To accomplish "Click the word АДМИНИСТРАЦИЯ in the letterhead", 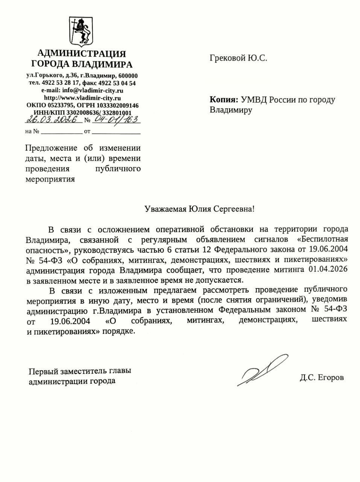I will [x=82, y=53].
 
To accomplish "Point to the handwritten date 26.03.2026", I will [x=53, y=120].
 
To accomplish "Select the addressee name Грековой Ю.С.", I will [x=238, y=58].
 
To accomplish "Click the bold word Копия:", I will [x=223, y=100].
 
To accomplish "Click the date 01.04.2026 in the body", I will [x=328, y=270].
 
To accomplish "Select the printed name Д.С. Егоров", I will [x=322, y=377].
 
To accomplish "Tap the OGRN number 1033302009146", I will [x=117, y=105].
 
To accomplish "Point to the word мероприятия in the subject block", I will [x=50, y=179].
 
